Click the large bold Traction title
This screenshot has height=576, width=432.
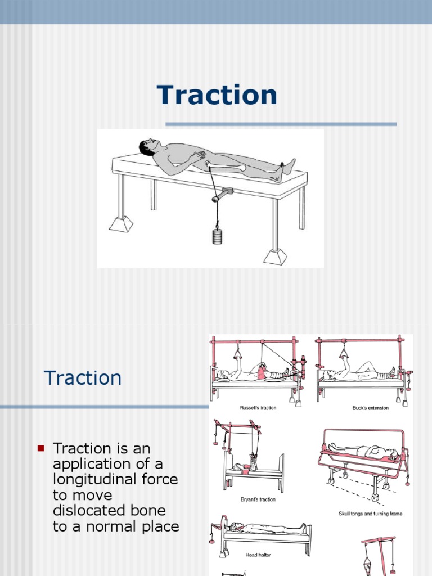(217, 95)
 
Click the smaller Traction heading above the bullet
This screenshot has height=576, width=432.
(83, 378)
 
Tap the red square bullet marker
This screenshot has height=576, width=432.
(40, 448)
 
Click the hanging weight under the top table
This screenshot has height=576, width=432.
(218, 236)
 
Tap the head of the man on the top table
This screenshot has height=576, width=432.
(147, 147)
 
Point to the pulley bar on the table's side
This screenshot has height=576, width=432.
(223, 195)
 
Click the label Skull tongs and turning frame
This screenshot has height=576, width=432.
(370, 514)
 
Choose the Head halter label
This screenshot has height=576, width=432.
(259, 555)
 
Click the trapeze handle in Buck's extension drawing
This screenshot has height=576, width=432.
(343, 354)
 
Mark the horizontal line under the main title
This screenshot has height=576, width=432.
(281, 124)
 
